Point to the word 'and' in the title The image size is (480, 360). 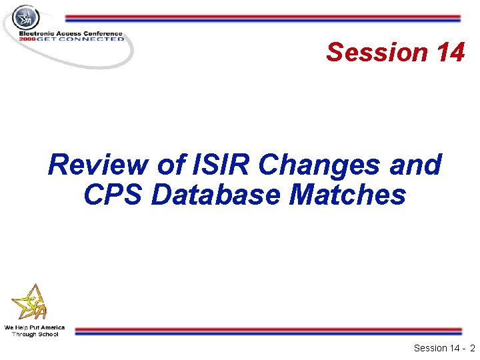418,165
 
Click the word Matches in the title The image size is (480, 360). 353,195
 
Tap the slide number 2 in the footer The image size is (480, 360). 471,348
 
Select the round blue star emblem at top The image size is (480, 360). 27,17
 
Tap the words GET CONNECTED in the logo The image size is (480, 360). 81,39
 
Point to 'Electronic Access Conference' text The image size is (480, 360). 71,33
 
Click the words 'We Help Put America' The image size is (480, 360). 35,327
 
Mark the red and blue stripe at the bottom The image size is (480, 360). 267,331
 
